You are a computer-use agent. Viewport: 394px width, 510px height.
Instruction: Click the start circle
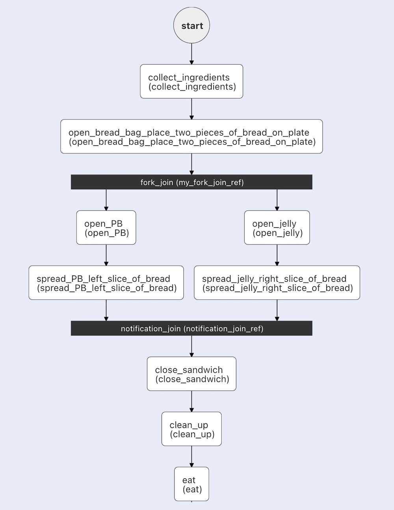(x=191, y=25)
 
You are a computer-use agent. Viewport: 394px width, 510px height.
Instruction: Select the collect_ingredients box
(x=191, y=82)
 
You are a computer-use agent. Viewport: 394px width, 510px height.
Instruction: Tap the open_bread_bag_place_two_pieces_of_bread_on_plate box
(x=191, y=137)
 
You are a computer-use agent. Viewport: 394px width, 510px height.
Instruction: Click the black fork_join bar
(x=191, y=182)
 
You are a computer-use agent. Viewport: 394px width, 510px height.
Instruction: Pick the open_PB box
(x=106, y=228)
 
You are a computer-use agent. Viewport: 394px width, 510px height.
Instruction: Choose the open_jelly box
(x=277, y=228)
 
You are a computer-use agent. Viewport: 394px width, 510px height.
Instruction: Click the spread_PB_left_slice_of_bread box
(x=106, y=283)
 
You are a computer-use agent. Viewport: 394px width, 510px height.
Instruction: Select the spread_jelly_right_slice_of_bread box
(x=277, y=283)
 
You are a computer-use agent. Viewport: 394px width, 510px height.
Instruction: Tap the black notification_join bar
(x=191, y=328)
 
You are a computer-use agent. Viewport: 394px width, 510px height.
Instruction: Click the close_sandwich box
(x=191, y=374)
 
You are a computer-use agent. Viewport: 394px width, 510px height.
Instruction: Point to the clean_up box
(x=191, y=429)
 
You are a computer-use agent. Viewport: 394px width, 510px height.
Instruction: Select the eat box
(x=191, y=484)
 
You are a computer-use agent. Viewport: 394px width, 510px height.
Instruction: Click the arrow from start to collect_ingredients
(x=191, y=54)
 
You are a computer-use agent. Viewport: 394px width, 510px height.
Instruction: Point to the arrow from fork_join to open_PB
(x=106, y=200)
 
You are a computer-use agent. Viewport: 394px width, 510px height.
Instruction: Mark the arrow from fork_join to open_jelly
(x=277, y=200)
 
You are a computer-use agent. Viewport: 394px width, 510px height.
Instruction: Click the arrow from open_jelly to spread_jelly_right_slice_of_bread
(x=277, y=255)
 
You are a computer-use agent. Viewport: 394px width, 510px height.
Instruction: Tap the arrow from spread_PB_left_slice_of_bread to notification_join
(x=106, y=310)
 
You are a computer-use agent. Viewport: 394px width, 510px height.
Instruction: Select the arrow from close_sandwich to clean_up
(x=191, y=401)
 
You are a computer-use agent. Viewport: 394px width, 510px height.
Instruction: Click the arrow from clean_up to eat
(x=191, y=456)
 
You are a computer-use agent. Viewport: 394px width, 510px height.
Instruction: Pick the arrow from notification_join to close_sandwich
(x=191, y=346)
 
